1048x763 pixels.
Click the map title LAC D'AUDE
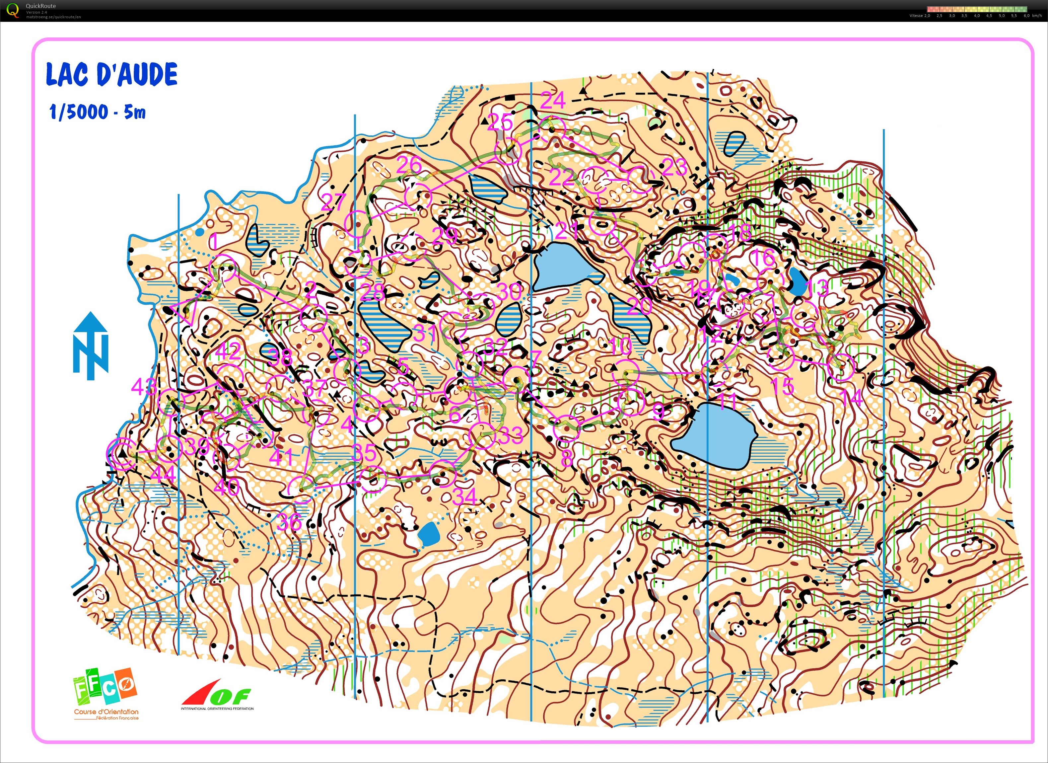point(111,74)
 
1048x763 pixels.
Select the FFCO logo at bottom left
point(106,693)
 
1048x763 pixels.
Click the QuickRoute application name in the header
point(41,6)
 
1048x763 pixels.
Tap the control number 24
point(553,100)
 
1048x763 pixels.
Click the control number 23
point(674,167)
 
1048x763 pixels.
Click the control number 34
point(465,497)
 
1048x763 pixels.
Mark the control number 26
point(409,165)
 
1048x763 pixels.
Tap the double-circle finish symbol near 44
point(121,453)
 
